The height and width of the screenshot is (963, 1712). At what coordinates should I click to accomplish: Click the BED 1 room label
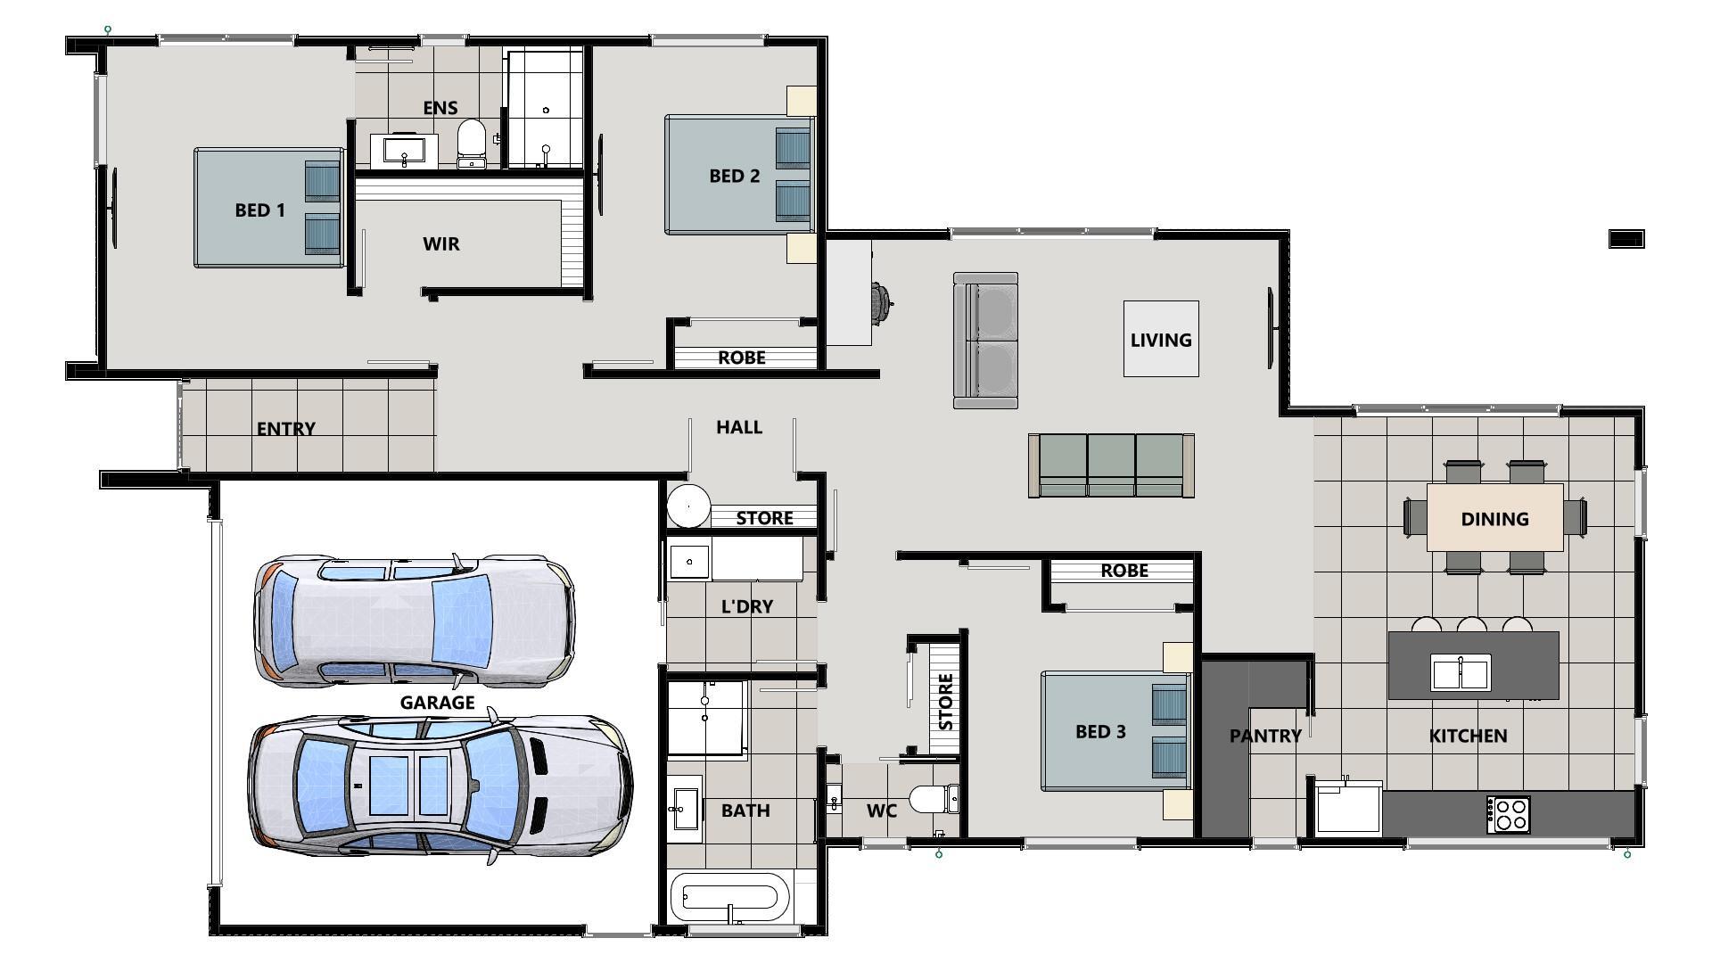[259, 210]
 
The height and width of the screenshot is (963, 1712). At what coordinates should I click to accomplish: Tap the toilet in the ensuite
[472, 143]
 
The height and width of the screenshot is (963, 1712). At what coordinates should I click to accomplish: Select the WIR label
[440, 244]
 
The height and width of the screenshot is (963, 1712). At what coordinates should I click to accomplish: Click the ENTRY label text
[285, 429]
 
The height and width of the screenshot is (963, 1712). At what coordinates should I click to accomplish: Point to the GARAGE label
[437, 703]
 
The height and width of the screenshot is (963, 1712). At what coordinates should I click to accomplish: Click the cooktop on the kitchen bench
[1508, 814]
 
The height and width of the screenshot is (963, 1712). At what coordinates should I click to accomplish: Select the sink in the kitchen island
[1461, 672]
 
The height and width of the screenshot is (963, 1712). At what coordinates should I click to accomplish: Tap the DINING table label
[1494, 519]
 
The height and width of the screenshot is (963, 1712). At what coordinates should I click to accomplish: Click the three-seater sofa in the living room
[1111, 465]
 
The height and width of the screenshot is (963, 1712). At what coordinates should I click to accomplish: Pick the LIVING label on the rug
[1160, 340]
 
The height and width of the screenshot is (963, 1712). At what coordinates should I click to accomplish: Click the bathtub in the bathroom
[729, 898]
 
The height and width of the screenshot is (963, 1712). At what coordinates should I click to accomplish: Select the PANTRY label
[1264, 736]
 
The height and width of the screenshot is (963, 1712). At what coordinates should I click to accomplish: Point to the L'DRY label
[746, 606]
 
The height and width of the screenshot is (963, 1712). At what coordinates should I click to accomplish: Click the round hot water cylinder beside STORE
[688, 506]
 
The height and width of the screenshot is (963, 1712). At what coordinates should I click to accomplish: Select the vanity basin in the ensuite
[405, 150]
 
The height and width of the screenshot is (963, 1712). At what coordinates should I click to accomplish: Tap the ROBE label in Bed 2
[741, 358]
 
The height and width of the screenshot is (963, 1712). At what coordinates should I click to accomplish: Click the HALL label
[738, 427]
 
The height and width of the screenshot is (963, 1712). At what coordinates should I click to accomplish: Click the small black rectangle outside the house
[1626, 239]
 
